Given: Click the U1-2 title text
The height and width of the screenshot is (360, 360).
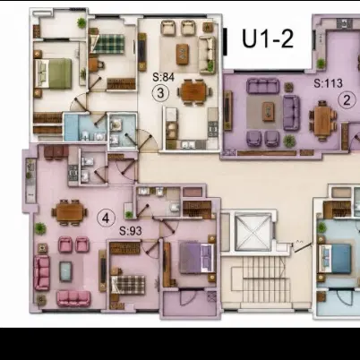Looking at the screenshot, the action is pos(268,39).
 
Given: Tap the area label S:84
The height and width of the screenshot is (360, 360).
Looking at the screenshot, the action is pos(163,77).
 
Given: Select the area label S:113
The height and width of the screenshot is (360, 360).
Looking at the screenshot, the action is pos(328,83).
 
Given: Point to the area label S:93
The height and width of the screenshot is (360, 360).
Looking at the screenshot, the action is pos(131,231).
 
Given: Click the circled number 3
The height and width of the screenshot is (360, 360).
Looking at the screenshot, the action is pos(160,93).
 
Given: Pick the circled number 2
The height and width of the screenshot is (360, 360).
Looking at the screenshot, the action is pos(347,100).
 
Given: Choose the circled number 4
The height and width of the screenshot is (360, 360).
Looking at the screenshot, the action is pos(106,219).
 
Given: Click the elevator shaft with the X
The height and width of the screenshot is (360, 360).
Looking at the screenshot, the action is pos(253,232).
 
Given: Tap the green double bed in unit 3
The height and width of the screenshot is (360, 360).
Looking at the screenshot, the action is pos(54,73).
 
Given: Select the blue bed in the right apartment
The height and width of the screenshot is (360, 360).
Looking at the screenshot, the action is pos(335,259).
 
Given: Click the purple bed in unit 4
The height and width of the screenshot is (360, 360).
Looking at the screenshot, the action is pos(197,257).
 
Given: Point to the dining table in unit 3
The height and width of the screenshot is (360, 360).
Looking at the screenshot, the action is pos(194,91).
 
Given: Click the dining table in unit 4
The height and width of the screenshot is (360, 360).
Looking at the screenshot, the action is pos(69,212).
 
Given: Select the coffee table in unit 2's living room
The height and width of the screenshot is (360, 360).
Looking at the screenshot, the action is pos(269,111).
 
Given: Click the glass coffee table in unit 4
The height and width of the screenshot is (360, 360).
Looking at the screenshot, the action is pos(65,271).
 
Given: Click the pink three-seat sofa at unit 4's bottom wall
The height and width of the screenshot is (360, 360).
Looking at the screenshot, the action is pos(73,298).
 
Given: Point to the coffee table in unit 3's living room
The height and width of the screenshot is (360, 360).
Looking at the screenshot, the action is pos(183,54).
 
